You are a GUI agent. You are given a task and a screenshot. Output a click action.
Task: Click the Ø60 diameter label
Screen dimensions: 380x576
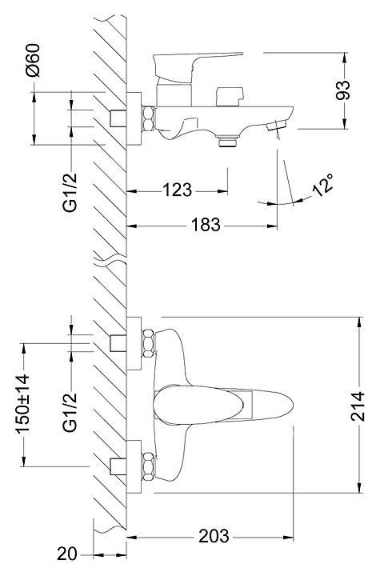point(33,60)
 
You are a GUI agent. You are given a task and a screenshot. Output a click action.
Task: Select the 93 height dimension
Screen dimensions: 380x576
point(344,90)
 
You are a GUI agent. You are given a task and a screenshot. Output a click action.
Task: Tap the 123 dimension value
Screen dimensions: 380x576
point(177,190)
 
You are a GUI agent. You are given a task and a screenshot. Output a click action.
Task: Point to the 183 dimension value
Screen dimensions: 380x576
point(206,225)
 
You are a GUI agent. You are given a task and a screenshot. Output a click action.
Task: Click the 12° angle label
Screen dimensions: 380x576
point(323,186)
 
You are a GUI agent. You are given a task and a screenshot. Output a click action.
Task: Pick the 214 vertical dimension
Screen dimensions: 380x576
point(358,406)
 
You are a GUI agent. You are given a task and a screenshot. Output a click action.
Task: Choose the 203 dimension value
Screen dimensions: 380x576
point(214,536)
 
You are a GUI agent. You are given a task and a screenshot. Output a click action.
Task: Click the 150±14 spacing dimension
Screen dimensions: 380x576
point(22,405)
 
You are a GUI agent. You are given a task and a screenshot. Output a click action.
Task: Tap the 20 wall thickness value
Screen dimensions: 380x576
point(67,554)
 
